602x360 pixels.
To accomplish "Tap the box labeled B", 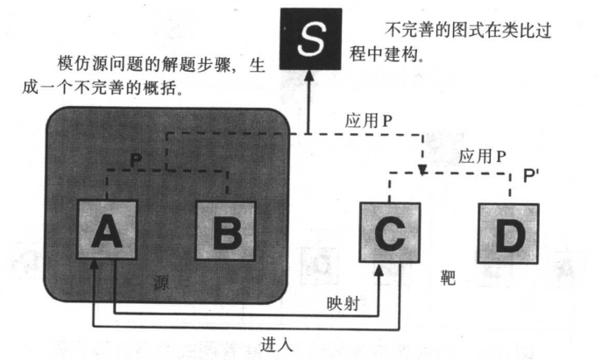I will [224, 231].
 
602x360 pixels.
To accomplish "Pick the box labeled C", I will [390, 232].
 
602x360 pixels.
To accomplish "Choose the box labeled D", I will [508, 232].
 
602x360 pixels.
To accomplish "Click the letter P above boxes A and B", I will [135, 159].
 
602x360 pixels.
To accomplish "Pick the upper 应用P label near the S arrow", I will [368, 120].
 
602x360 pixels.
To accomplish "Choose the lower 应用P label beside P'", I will [481, 157].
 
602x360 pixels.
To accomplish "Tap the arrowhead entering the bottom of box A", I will [96, 267].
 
